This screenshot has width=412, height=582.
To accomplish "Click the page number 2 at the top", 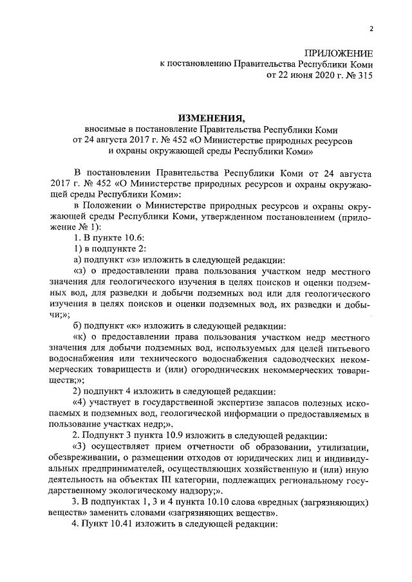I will (371, 28).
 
